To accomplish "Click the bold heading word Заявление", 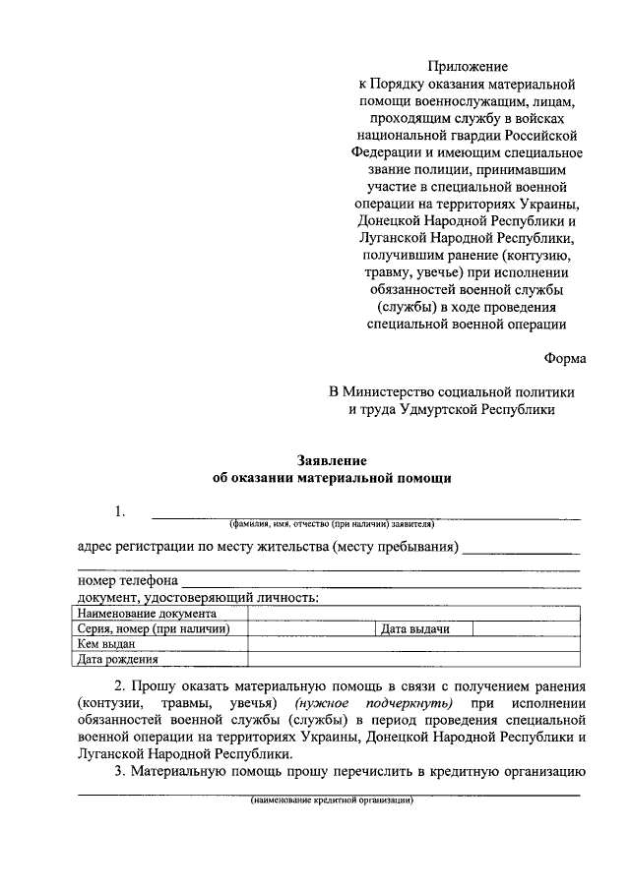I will click(332, 460).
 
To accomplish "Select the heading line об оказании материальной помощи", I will click(332, 479).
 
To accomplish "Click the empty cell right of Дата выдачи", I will click(527, 629).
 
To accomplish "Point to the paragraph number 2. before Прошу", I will click(119, 685).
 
